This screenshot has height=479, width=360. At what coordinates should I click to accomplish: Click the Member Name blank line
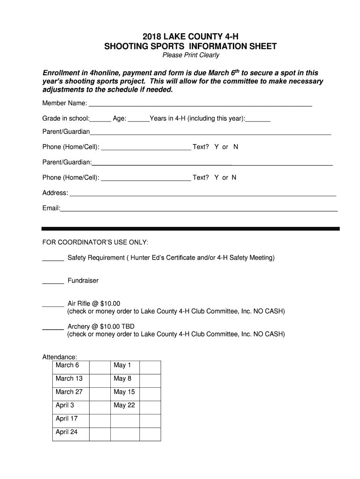(x=200, y=104)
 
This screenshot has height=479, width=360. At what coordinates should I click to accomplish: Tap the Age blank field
(x=138, y=120)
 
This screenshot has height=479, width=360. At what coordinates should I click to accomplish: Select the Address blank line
(x=202, y=194)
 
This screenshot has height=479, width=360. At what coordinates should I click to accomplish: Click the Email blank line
(x=199, y=209)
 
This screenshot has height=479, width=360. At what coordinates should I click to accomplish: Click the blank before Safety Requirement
(x=53, y=259)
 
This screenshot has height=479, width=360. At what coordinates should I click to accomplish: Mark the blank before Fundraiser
(x=53, y=282)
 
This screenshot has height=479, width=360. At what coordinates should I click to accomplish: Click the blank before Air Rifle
(x=53, y=305)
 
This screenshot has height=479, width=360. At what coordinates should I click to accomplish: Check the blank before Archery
(x=53, y=328)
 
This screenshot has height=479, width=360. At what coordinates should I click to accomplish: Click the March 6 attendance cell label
(x=67, y=365)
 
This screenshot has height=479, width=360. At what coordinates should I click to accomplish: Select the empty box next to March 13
(x=100, y=379)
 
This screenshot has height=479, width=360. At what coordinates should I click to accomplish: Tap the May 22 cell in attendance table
(x=124, y=406)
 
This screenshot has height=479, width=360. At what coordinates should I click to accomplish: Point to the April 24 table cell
(x=67, y=432)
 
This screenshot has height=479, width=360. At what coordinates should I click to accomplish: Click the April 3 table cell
(x=65, y=406)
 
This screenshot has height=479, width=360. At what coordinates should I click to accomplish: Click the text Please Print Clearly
(x=190, y=55)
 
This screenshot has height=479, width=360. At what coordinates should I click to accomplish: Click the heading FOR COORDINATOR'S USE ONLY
(x=95, y=242)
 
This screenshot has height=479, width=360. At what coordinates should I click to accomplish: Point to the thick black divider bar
(x=190, y=229)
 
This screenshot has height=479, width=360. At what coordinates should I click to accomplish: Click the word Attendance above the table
(x=60, y=357)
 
